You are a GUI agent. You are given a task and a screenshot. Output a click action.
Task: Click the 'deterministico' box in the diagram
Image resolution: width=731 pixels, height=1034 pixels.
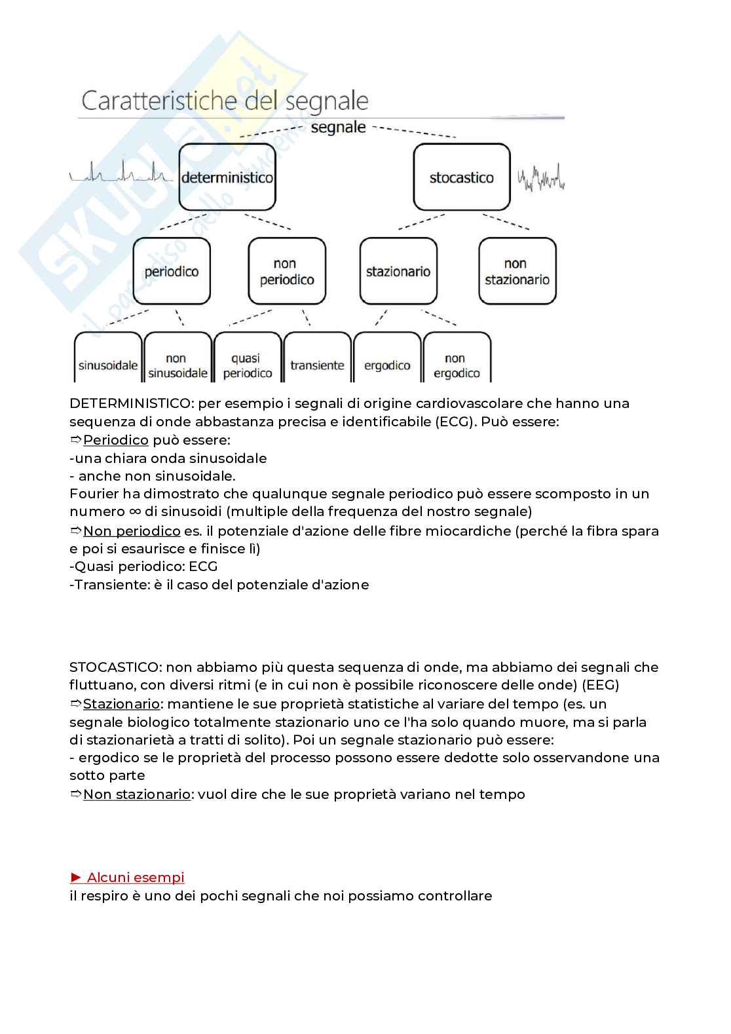click(227, 177)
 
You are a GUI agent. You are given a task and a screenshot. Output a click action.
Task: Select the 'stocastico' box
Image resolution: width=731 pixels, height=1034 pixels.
click(461, 177)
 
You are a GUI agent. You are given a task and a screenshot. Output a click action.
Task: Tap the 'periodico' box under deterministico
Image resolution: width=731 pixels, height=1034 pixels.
click(172, 271)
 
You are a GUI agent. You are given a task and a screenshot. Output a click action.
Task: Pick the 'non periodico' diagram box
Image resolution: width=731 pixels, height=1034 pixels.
click(287, 271)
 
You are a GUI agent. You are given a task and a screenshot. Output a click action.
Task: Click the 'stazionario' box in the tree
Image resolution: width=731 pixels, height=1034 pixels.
click(398, 271)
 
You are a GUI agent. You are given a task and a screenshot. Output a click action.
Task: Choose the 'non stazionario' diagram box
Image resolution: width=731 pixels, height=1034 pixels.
click(517, 271)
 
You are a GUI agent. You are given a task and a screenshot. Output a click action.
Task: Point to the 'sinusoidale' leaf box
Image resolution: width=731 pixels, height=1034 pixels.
click(108, 364)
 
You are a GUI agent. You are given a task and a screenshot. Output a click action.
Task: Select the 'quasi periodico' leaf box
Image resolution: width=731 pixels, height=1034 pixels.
click(248, 365)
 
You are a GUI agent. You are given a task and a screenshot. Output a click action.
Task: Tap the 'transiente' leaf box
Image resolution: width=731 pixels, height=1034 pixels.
click(317, 364)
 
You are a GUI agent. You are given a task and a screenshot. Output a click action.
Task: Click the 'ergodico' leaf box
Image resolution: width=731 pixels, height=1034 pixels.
click(387, 364)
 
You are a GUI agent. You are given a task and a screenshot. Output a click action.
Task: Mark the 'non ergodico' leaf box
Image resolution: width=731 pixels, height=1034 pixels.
click(457, 365)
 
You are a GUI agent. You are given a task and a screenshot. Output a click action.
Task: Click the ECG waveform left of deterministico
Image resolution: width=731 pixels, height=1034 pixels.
click(119, 174)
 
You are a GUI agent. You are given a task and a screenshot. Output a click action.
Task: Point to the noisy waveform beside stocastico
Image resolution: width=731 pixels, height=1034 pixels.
click(541, 177)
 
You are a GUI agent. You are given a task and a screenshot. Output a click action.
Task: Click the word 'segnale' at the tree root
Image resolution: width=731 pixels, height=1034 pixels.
click(338, 127)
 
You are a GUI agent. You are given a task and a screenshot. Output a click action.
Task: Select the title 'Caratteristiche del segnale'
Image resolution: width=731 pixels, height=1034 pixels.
click(224, 102)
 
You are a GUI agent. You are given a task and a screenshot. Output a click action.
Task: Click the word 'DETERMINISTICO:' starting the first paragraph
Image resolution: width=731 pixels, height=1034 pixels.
click(130, 403)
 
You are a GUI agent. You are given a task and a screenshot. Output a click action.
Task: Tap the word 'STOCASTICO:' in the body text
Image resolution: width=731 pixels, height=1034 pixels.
click(115, 667)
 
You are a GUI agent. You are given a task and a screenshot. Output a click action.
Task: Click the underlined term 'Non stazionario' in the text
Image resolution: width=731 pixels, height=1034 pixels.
click(136, 794)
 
